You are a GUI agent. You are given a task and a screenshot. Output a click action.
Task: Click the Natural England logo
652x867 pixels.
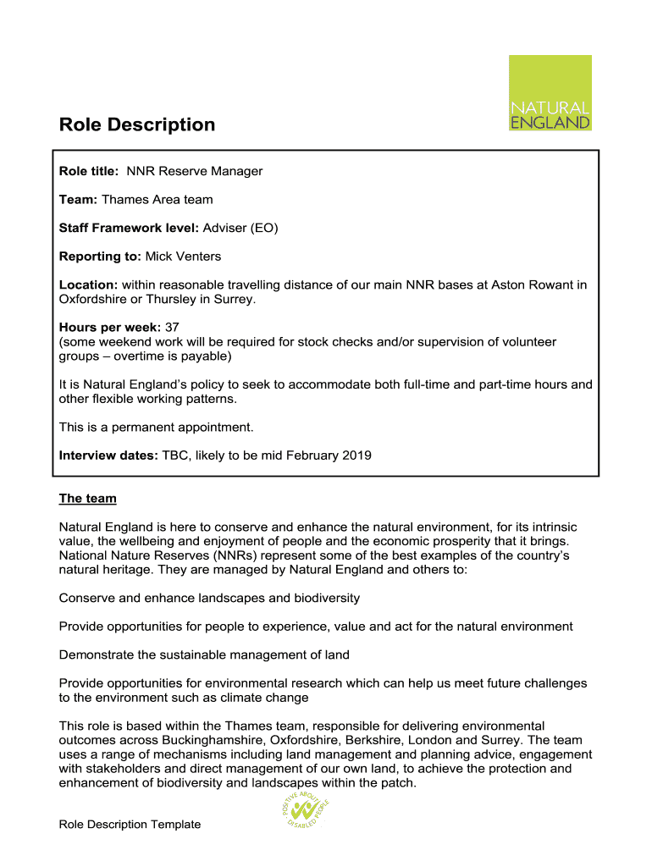pyautogui.click(x=550, y=92)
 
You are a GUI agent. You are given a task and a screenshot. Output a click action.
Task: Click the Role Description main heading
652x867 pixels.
pyautogui.click(x=137, y=125)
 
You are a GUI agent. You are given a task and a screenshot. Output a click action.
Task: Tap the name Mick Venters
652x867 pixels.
pyautogui.click(x=183, y=256)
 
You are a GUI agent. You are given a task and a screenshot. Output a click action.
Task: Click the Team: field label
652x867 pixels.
pyautogui.click(x=79, y=200)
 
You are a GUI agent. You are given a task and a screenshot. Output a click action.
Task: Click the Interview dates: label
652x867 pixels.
pyautogui.click(x=108, y=456)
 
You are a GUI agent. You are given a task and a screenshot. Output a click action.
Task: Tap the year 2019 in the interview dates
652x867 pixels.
pyautogui.click(x=356, y=456)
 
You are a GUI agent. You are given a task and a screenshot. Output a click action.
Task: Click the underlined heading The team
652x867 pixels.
pyautogui.click(x=87, y=499)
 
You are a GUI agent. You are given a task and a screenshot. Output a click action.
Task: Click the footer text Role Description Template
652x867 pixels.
pyautogui.click(x=130, y=824)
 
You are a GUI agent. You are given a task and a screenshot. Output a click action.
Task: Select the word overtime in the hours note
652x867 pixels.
pyautogui.click(x=131, y=356)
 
